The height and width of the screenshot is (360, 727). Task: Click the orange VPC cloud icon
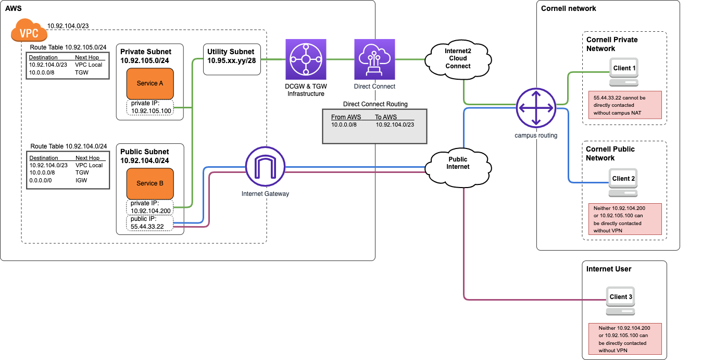(29, 30)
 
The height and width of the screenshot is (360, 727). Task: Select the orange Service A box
(150, 83)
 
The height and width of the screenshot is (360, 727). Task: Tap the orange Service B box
(150, 183)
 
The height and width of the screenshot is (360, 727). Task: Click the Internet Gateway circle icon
(265, 167)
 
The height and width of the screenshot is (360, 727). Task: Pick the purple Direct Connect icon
(374, 59)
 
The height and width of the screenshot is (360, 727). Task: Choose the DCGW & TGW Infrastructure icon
(306, 59)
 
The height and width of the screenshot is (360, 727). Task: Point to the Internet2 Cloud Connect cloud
(458, 59)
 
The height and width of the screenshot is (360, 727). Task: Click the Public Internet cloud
(458, 168)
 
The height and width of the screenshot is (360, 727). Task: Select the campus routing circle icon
(536, 108)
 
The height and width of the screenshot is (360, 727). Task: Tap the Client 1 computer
(624, 72)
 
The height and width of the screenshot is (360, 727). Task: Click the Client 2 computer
(623, 182)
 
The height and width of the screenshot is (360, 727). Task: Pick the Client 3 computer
(621, 301)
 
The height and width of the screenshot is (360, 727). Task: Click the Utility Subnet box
(232, 59)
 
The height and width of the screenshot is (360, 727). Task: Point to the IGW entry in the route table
(81, 180)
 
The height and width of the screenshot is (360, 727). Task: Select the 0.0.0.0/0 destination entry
(41, 180)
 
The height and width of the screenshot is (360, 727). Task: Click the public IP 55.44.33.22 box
(149, 223)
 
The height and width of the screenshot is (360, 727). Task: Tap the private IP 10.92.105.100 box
(150, 107)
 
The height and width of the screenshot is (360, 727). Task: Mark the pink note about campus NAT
(625, 105)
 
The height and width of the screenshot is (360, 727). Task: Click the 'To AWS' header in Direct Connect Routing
(386, 117)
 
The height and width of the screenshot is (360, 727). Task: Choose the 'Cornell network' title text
(568, 8)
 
